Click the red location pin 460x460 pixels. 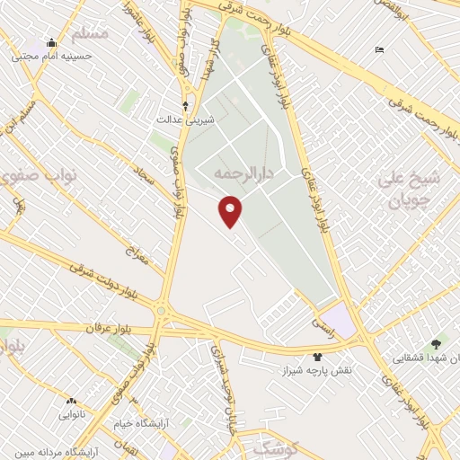[231, 211]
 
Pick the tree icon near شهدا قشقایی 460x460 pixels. [438, 343]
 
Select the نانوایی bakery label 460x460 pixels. [72, 414]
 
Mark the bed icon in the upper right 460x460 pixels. [380, 49]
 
